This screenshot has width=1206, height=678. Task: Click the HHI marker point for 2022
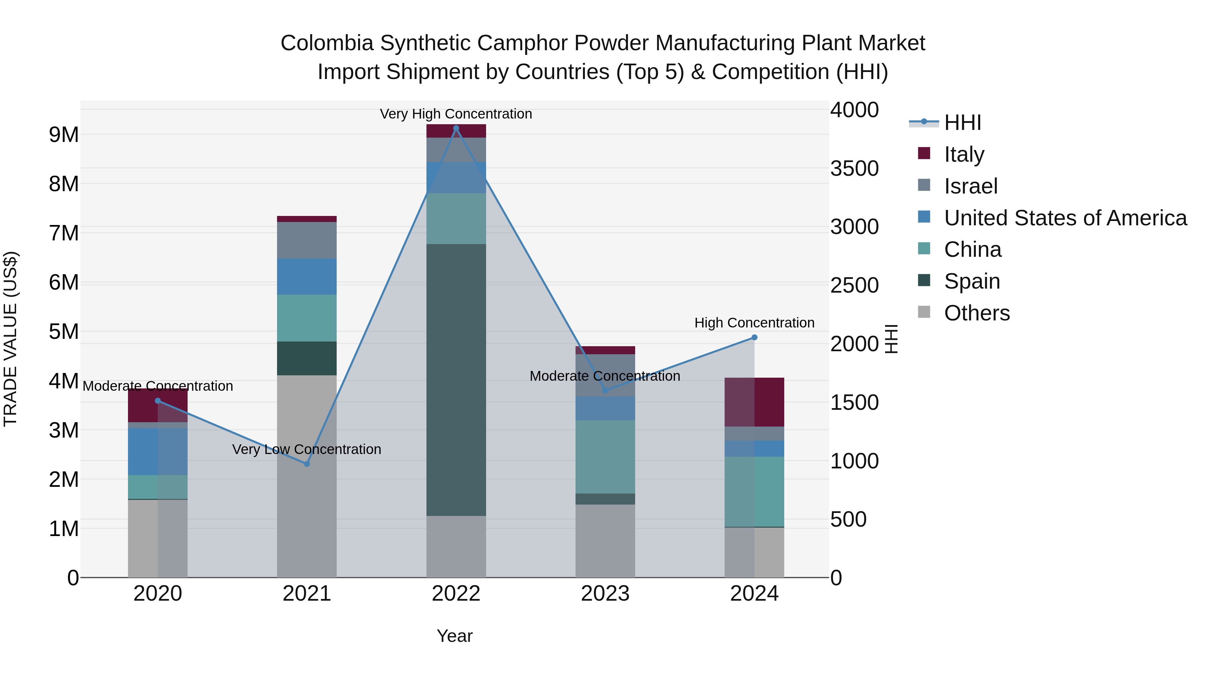(x=456, y=128)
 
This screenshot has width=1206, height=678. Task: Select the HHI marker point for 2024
(x=754, y=337)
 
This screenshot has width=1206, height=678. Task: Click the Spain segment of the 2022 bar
(x=456, y=379)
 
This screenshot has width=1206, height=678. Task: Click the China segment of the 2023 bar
(x=605, y=457)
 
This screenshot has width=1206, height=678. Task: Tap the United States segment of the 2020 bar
(x=158, y=452)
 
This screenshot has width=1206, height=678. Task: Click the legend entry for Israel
(x=970, y=186)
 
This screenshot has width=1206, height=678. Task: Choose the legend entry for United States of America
(x=1065, y=218)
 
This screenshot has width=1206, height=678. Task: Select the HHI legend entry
(x=962, y=123)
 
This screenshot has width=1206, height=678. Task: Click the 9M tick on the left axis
(x=64, y=135)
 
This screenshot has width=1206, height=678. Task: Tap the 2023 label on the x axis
(x=605, y=594)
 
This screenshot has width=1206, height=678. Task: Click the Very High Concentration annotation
(x=456, y=114)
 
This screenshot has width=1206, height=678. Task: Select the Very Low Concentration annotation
(x=307, y=449)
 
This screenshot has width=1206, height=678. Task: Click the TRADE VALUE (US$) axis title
(x=10, y=339)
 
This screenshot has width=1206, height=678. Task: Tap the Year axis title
(x=455, y=636)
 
